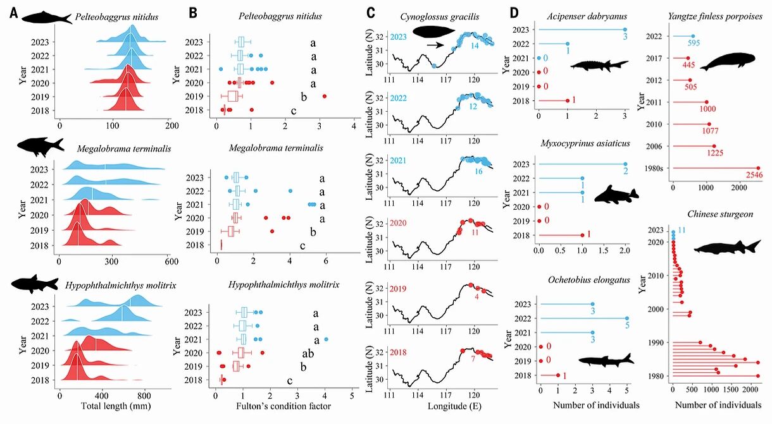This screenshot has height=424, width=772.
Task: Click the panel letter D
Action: [x=514, y=12]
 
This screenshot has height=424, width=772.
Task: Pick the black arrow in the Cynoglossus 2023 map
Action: [x=434, y=45]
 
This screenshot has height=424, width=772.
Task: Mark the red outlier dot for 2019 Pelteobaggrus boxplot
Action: [x=324, y=96]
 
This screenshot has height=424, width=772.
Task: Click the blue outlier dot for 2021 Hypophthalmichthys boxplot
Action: [x=327, y=340]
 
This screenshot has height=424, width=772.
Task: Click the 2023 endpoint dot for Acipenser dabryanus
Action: [x=625, y=29]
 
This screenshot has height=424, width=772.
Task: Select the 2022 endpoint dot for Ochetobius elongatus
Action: [x=626, y=318]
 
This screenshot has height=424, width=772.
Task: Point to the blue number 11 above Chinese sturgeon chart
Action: [x=682, y=230]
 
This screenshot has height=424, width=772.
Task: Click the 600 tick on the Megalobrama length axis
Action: [x=169, y=260]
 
